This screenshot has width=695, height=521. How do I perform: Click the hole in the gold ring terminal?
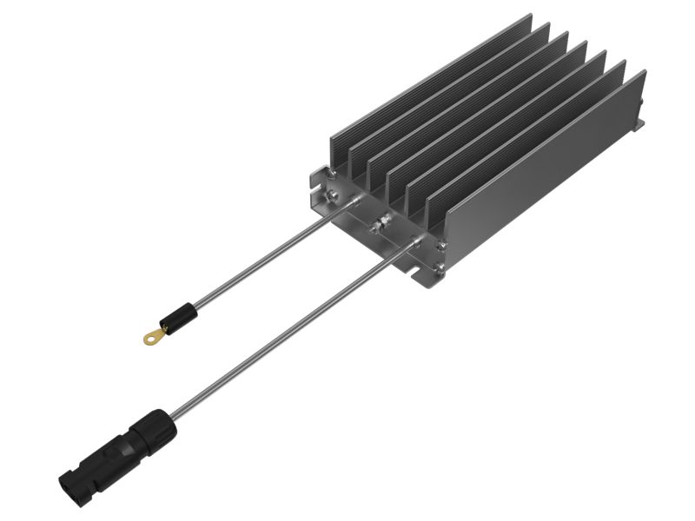click(152, 338)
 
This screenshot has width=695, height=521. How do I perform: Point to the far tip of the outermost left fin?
click(531, 17)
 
